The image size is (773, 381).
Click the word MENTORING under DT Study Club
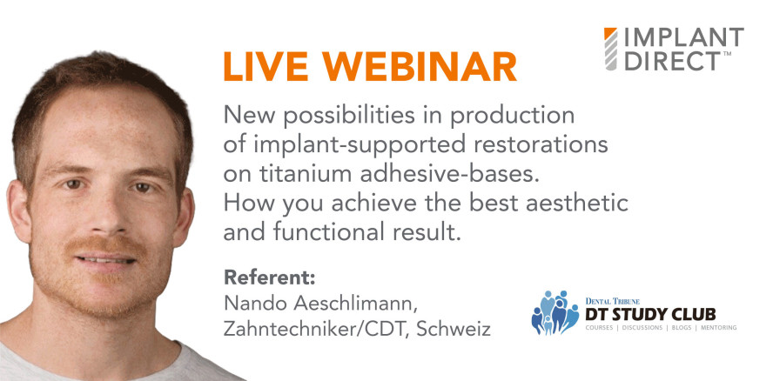click(709, 328)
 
